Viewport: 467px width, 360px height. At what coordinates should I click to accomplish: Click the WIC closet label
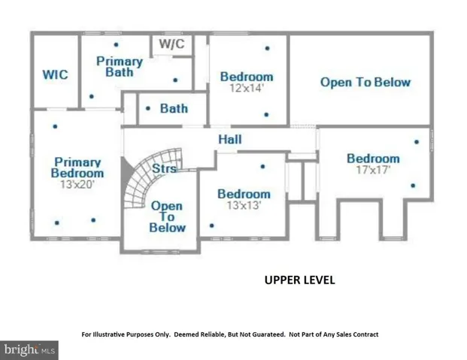coord(55,74)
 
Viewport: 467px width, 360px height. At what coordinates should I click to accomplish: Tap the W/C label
coord(172,44)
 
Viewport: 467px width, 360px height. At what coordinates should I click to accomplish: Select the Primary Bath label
coord(120,67)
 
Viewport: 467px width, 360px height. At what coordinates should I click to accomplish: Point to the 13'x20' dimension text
coord(77,185)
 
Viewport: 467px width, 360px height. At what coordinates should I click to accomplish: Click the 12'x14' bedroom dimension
coord(247,88)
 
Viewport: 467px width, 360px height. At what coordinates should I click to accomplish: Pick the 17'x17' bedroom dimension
coord(373,170)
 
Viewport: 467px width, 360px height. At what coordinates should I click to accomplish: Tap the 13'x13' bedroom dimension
coord(244,205)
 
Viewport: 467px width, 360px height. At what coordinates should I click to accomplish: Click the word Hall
coord(230,139)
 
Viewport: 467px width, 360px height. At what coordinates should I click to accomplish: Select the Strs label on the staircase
coord(164,168)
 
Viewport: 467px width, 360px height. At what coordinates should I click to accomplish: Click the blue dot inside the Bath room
coord(148,108)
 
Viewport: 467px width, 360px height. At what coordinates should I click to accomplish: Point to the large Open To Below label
coord(365,82)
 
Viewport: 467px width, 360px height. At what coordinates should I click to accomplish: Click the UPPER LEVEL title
coord(300,280)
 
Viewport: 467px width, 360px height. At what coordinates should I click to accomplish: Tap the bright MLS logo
coord(29,350)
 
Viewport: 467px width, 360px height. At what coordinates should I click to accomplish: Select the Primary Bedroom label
coord(77,168)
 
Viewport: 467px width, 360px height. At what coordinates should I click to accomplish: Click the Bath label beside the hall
coord(174,108)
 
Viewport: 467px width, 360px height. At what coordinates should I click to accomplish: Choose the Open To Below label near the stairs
coord(168,216)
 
